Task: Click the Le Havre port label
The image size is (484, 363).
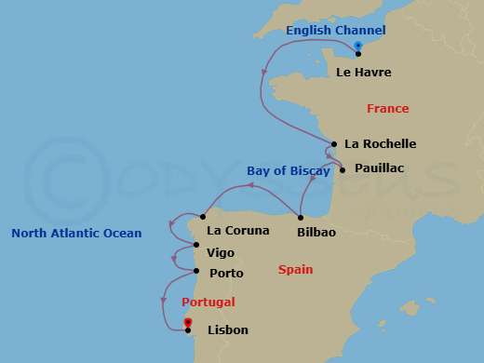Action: point(363,72)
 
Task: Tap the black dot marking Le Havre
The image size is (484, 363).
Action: point(358,54)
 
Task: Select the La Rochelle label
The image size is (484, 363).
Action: point(380,144)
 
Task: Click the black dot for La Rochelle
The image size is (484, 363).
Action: point(334,144)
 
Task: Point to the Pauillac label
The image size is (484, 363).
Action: point(378,169)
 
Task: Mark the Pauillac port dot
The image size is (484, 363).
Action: point(343,169)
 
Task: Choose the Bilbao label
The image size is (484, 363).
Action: point(316,231)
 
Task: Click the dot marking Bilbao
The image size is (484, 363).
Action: point(301,218)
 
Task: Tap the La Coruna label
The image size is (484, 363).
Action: point(237,231)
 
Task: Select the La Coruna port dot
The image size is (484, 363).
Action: point(202,217)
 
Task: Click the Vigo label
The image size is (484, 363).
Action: point(221,252)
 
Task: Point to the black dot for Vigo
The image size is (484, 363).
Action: point(195,245)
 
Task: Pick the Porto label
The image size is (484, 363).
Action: point(226,274)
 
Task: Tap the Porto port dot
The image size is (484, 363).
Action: point(196,272)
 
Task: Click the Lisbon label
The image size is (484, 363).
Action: point(228,329)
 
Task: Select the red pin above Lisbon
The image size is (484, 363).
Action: point(188,322)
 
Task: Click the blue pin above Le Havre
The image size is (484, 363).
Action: point(358,45)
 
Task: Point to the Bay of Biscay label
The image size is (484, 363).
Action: point(288,171)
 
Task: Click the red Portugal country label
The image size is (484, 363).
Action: point(208,302)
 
